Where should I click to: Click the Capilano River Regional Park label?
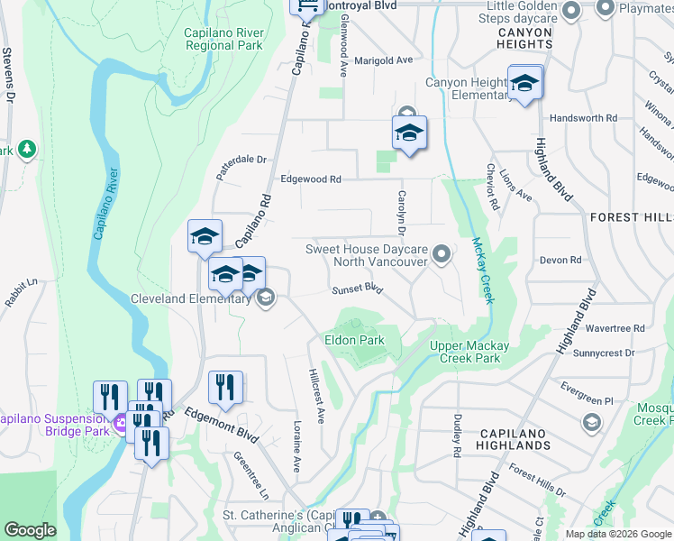(223, 39)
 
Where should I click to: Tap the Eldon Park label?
(354, 340)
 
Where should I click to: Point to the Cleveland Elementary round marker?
(265, 298)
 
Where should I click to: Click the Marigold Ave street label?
(383, 60)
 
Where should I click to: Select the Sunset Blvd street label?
(358, 289)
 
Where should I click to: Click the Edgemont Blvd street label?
(222, 425)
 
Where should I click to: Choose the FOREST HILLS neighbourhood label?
(632, 217)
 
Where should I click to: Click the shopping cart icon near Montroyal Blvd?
(307, 5)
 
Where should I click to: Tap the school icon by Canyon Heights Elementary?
(524, 86)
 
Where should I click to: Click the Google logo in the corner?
(31, 530)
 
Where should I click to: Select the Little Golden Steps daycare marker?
(569, 11)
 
